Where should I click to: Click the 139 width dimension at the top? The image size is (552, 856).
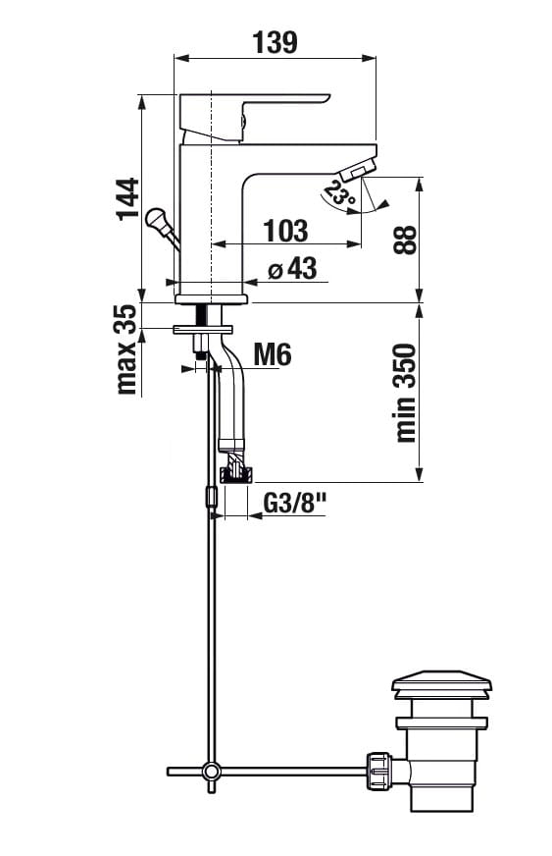[x=275, y=42]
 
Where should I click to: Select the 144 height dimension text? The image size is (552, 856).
[x=128, y=198]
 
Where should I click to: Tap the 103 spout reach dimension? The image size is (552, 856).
[x=286, y=231]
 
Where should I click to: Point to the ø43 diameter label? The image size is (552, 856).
[x=293, y=269]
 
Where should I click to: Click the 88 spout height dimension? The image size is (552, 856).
[x=405, y=240]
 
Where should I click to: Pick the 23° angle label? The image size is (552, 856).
[x=339, y=193]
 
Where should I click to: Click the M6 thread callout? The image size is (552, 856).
[x=273, y=354]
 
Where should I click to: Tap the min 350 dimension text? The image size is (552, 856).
[x=405, y=393]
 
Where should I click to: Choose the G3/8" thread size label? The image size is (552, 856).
[x=294, y=504]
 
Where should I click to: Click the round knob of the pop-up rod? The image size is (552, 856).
[x=156, y=219]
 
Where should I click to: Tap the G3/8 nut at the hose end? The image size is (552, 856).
[x=236, y=474]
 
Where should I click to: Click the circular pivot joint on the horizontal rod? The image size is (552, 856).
[x=210, y=772]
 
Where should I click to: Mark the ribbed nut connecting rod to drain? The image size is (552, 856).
[x=379, y=771]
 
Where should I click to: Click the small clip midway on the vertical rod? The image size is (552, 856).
[x=211, y=497]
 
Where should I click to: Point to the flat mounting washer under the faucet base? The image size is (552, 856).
[x=202, y=329]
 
